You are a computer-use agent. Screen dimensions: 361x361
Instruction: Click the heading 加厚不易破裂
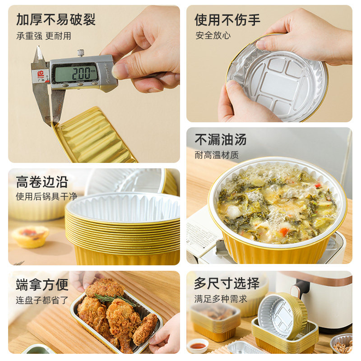56,19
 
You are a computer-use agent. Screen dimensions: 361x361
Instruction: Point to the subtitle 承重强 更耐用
43,36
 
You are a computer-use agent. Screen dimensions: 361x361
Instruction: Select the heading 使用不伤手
227,19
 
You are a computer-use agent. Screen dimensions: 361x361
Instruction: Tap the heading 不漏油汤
221,139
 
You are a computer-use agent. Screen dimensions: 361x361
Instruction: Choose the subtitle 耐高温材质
217,155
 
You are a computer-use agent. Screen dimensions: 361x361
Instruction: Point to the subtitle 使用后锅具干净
46,197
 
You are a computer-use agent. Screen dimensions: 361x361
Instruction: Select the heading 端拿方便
42,285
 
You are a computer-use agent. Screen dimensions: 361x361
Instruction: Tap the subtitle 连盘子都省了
42,300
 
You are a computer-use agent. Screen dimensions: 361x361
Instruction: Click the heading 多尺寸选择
227,284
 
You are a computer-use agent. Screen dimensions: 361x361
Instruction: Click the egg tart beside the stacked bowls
30,236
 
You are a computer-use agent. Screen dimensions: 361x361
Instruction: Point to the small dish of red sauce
198,346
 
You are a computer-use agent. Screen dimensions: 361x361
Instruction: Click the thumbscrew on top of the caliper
80,53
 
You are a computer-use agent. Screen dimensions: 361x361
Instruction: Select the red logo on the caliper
41,73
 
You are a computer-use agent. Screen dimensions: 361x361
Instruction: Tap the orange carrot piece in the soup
283,231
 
